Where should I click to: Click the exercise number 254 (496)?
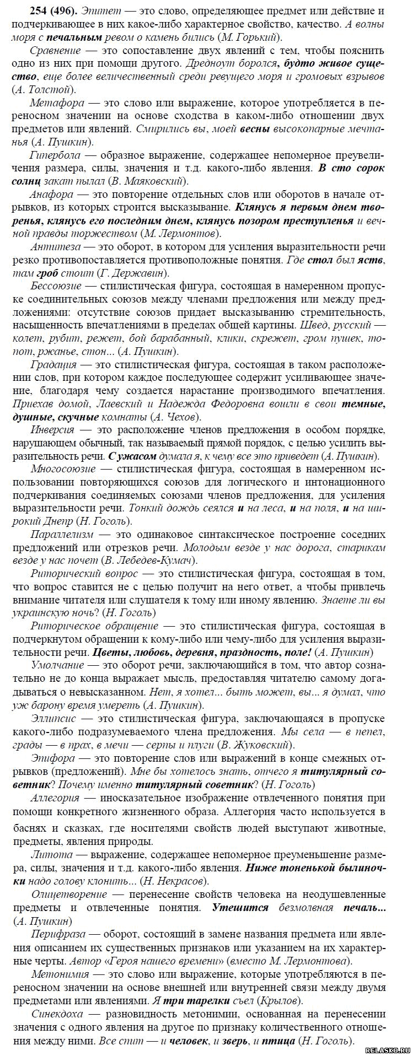point(37,11)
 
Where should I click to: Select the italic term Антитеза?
point(54,259)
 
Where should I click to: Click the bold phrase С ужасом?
point(132,456)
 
